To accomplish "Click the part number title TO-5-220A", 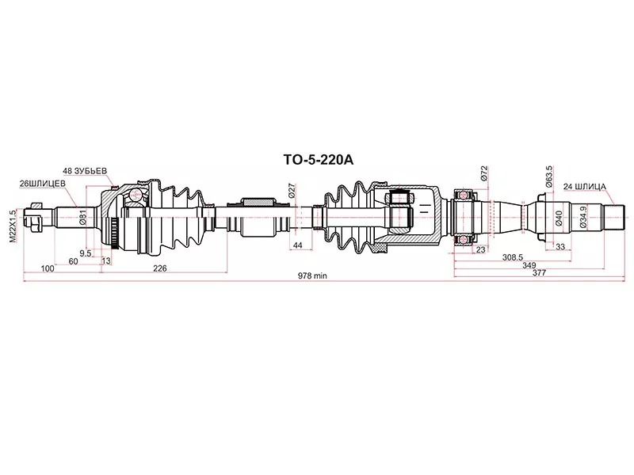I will click(x=319, y=158).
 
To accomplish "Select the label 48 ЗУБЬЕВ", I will click(x=85, y=170).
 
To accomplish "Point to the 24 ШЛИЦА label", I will click(x=584, y=187).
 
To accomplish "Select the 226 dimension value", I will click(x=159, y=268).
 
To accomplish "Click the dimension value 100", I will click(x=47, y=268).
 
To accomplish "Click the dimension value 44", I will click(x=298, y=247).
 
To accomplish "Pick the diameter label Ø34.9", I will click(x=584, y=216).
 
